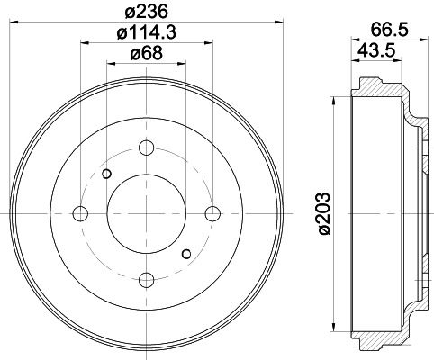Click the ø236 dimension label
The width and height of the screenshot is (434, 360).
146,11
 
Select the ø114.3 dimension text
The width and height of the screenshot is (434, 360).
145,34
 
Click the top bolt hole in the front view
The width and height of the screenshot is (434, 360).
147,147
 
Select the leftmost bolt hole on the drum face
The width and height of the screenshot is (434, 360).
80,213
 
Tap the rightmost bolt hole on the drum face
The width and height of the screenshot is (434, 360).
212,213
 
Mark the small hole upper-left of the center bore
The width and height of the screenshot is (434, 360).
107,174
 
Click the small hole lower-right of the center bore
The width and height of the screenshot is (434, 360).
186,253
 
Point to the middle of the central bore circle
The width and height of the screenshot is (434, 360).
147,213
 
